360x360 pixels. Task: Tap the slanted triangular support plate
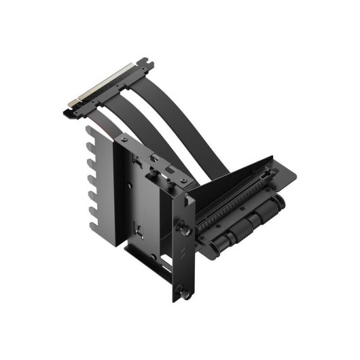click(231, 177)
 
